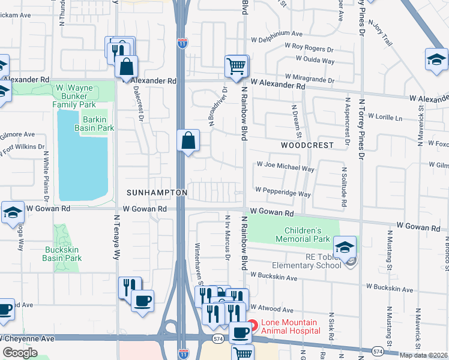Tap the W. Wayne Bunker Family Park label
click(x=74, y=96)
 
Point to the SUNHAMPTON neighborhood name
click(x=157, y=193)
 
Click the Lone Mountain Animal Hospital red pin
click(x=253, y=326)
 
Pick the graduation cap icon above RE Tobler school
click(x=345, y=247)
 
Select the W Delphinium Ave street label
click(x=277, y=34)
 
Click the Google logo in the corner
click(x=20, y=353)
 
